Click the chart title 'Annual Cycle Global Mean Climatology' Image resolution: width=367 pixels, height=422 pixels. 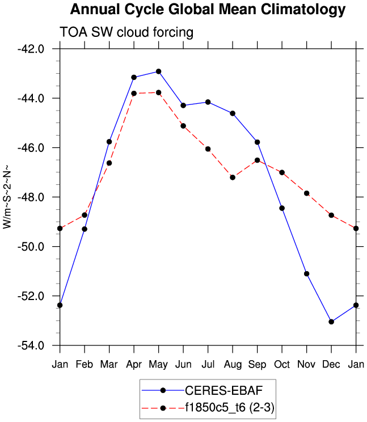coord(208,10)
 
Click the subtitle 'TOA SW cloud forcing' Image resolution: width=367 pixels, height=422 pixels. coord(126,33)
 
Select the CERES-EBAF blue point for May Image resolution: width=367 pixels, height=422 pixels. coord(159,71)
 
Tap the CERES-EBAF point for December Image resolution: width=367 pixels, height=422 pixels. coord(331,322)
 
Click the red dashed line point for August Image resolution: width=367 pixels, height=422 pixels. coord(233,178)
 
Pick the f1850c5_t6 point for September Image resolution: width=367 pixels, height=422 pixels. coord(257,160)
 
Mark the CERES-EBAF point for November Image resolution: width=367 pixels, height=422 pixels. coord(307,274)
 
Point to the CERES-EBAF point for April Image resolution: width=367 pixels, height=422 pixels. coord(134,77)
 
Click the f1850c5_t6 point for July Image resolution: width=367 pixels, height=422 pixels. coord(208,149)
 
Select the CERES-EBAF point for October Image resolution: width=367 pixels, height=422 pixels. coord(282,208)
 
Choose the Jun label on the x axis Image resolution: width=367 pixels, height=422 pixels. coord(183,363)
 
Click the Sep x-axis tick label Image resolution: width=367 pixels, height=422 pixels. coord(257,363)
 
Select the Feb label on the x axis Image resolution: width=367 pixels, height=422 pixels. coord(85,363)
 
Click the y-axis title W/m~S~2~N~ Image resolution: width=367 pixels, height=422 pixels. coord(8,197)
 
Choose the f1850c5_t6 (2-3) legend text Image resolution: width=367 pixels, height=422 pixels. coord(230,407)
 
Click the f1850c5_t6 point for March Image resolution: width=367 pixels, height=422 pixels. coord(109,163)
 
